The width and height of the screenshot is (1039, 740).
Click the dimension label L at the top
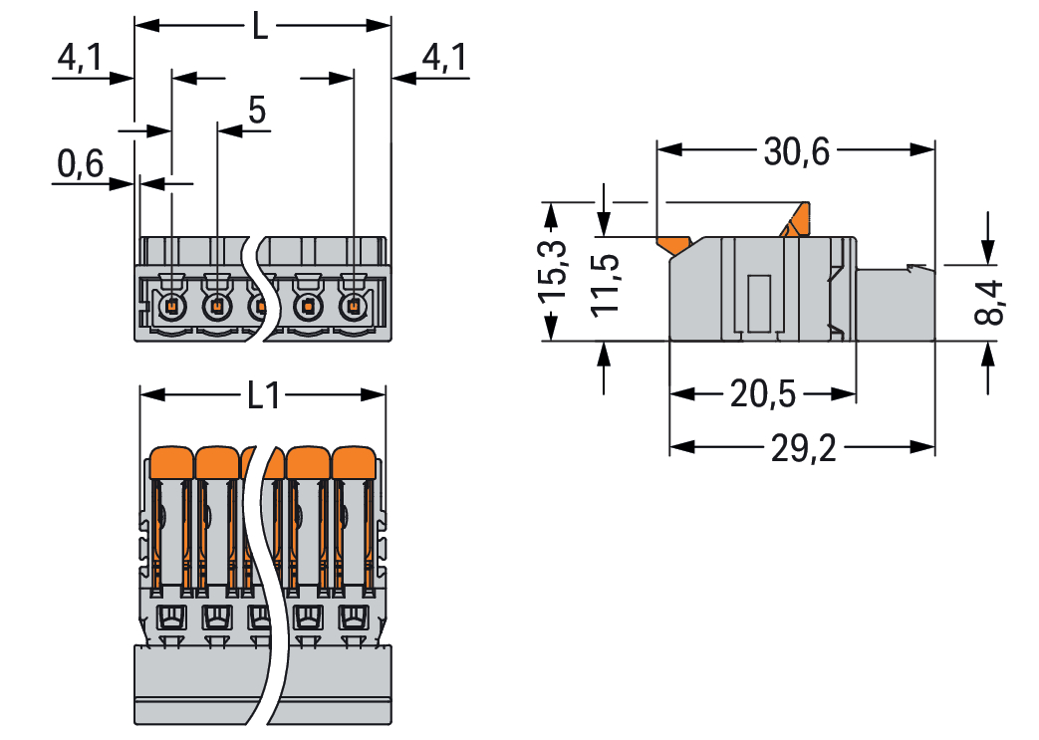click(x=260, y=25)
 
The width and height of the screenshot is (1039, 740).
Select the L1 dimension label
click(x=262, y=396)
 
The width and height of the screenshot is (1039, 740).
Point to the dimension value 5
click(x=257, y=112)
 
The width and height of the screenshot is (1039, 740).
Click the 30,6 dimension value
click(x=796, y=151)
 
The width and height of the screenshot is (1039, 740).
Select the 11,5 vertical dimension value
click(x=605, y=284)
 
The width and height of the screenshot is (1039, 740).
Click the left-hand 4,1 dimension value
click(x=79, y=60)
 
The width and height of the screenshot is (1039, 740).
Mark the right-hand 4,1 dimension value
click(x=444, y=60)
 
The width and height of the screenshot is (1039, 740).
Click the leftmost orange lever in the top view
click(x=171, y=463)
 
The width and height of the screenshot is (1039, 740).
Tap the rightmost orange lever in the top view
click(x=354, y=463)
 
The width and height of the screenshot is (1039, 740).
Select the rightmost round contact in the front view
click(x=351, y=307)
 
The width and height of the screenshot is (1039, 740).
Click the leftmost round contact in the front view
click(x=171, y=307)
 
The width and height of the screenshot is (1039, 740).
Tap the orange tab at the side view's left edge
click(x=674, y=244)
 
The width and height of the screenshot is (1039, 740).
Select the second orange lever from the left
click(x=217, y=463)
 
